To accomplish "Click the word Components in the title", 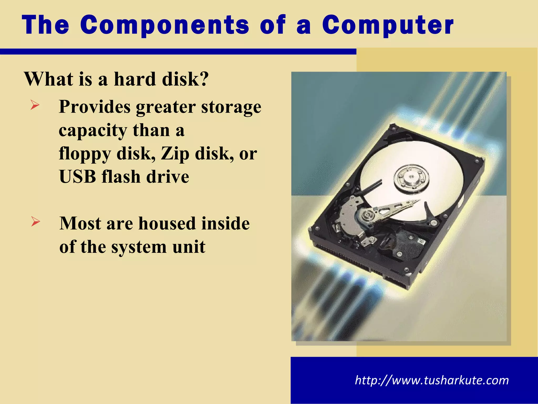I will (165, 26).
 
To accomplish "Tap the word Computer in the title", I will (388, 26).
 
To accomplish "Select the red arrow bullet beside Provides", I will (35, 105).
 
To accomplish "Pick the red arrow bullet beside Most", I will (35, 221).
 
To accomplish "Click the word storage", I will (231, 107).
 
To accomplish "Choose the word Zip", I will (175, 154).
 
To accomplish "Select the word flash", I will (121, 176).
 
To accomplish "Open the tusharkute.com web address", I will (432, 380).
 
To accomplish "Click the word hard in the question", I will (135, 79).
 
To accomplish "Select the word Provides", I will (95, 107).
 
